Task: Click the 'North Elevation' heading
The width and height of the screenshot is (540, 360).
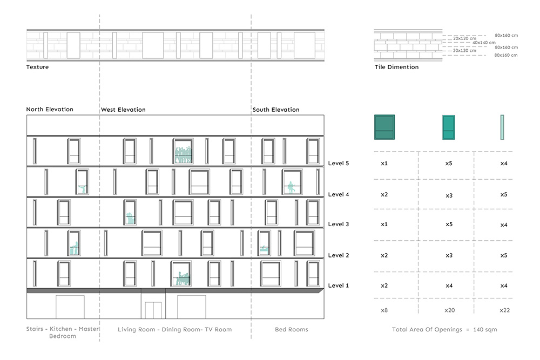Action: click(x=50, y=109)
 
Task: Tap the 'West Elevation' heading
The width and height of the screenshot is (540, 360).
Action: click(x=123, y=110)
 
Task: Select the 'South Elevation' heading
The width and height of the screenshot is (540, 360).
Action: click(x=276, y=110)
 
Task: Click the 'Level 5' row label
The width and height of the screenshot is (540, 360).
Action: click(x=338, y=163)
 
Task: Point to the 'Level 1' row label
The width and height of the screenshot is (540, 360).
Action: click(x=338, y=286)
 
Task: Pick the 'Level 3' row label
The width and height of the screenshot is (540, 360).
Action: click(x=338, y=224)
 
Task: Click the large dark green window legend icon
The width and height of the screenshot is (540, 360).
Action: click(x=384, y=127)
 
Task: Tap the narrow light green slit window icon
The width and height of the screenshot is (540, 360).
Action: click(x=502, y=127)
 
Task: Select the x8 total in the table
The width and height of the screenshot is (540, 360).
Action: click(x=384, y=310)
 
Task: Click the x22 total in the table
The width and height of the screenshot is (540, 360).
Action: click(x=504, y=310)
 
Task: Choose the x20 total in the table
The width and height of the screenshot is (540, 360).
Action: click(x=449, y=310)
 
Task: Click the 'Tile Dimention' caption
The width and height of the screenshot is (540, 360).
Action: click(x=396, y=67)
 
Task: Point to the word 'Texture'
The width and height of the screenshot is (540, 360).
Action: click(x=37, y=67)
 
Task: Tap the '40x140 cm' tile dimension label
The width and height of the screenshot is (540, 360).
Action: click(x=484, y=43)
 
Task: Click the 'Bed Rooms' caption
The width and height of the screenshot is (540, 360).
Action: click(x=292, y=329)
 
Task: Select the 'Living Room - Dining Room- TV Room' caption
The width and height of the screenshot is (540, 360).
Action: click(x=174, y=329)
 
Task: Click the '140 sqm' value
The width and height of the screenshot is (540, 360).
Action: click(x=485, y=329)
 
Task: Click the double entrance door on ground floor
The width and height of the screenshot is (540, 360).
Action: click(x=153, y=310)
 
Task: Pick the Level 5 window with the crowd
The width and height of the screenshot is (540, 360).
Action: click(x=183, y=151)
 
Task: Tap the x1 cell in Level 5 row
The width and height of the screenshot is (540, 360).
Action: click(x=384, y=163)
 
